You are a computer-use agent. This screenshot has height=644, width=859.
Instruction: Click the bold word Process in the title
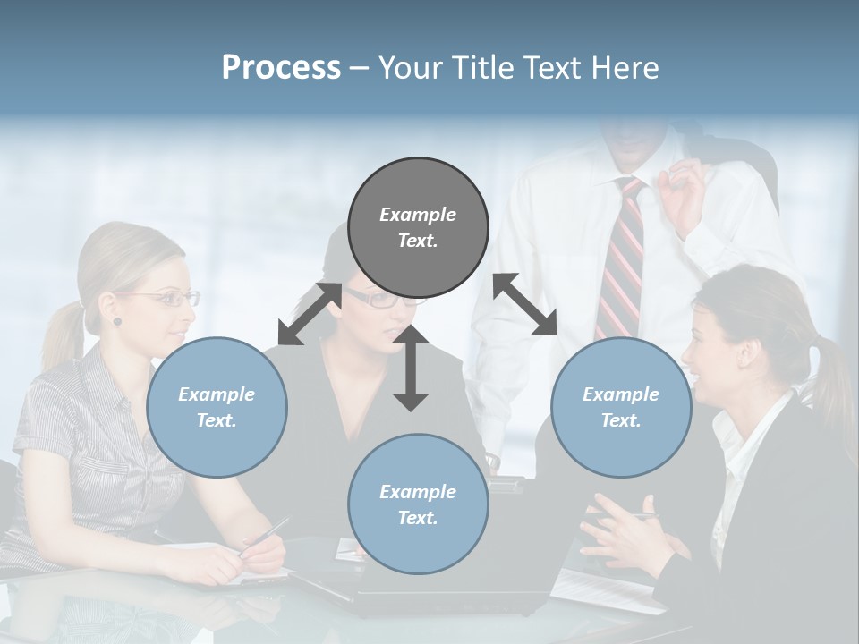coord(281,67)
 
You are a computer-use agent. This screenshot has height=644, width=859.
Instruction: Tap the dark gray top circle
coord(418,227)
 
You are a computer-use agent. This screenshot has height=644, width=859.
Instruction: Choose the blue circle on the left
coord(217,407)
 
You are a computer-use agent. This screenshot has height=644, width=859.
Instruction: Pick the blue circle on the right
coord(621,407)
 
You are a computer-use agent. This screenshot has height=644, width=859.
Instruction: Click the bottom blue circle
coord(418,504)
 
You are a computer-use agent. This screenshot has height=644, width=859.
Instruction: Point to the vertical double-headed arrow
coord(411,368)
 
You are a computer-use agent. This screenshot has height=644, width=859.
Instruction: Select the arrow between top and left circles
coord(310,314)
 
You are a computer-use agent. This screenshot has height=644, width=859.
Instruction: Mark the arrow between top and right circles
coord(525,304)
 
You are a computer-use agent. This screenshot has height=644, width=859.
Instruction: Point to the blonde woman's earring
coord(116,321)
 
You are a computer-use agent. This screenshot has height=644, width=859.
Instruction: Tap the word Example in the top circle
coord(418,215)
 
